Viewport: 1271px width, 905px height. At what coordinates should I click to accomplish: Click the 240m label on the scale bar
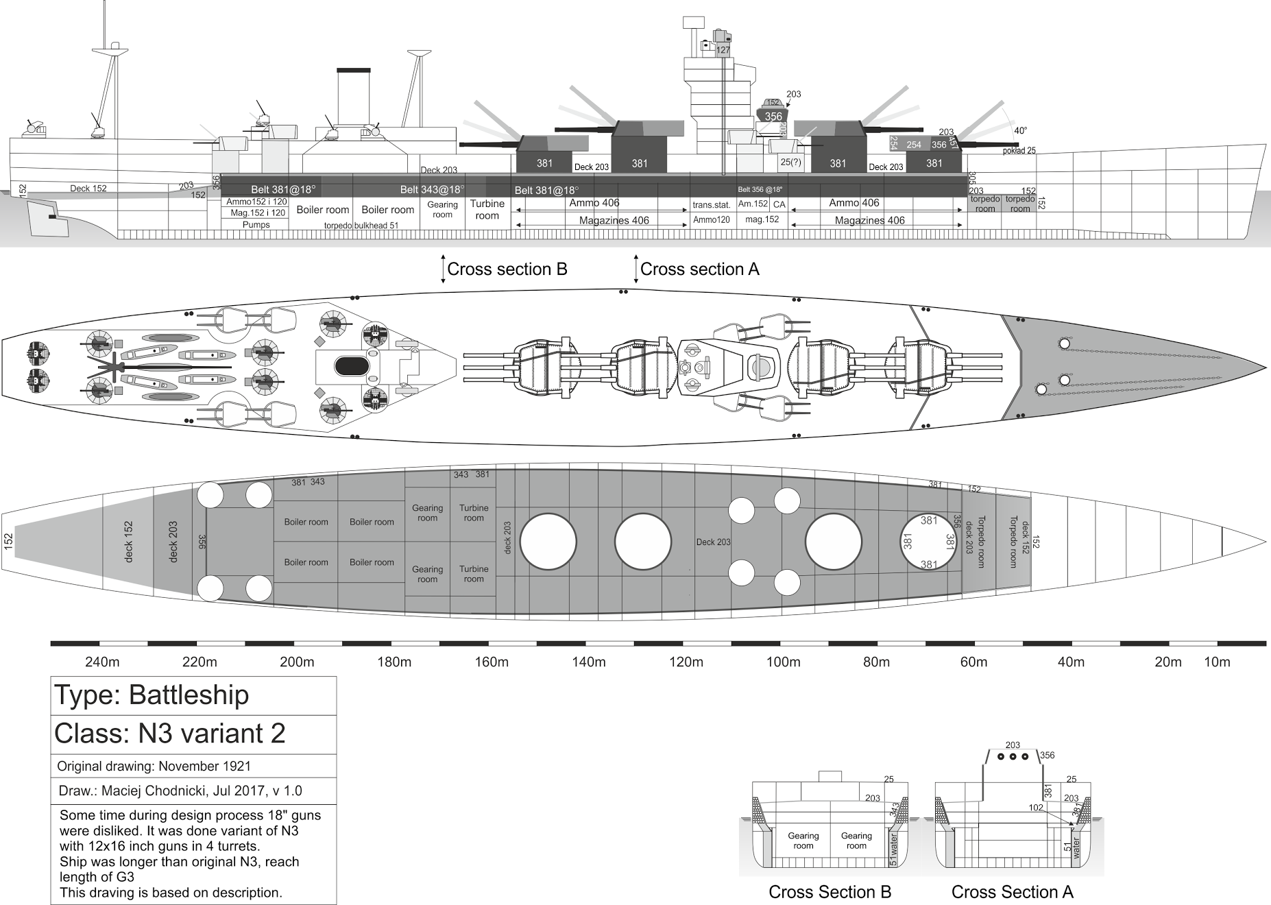click(102, 662)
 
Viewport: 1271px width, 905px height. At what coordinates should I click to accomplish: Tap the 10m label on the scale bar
click(1217, 662)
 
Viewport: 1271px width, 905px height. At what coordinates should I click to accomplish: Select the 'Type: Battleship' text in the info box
click(152, 695)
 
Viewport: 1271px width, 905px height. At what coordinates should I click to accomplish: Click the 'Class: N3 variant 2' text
click(169, 734)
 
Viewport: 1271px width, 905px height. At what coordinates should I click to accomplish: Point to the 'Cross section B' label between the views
click(507, 269)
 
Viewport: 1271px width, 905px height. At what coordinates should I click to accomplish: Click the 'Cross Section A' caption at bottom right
click(1012, 892)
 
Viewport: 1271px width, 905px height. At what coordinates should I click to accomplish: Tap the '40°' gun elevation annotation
click(1021, 131)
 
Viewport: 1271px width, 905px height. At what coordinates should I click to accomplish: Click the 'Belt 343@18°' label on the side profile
click(432, 189)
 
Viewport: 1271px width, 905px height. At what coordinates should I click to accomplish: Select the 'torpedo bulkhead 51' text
click(361, 226)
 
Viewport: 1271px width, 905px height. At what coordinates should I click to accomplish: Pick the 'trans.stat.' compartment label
click(711, 204)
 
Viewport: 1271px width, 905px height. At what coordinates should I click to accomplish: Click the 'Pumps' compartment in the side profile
click(256, 225)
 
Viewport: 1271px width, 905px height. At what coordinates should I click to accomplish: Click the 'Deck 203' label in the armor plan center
click(713, 542)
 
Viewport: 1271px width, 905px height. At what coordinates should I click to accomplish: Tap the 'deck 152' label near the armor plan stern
click(128, 542)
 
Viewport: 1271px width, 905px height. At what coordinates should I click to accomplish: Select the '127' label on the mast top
click(723, 50)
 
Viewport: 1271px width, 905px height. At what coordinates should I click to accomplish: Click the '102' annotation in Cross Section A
click(1035, 808)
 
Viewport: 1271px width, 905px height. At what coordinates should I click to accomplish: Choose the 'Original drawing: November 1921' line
click(154, 767)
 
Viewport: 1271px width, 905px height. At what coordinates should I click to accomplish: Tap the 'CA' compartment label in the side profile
click(779, 204)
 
